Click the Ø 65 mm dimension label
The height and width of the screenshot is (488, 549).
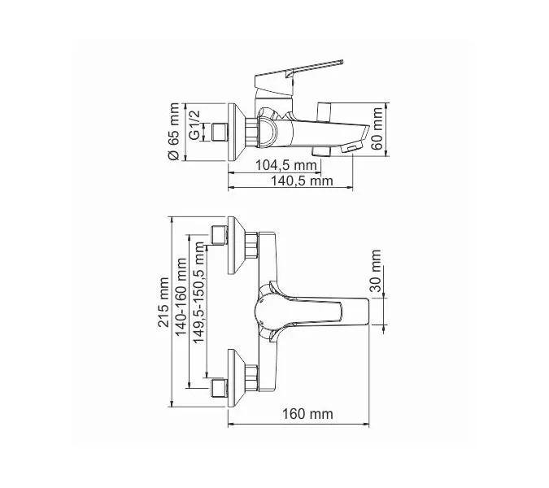coord(173,131)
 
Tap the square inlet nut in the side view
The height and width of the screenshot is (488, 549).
coord(219,131)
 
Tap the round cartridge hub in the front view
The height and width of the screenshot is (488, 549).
coord(268,310)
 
